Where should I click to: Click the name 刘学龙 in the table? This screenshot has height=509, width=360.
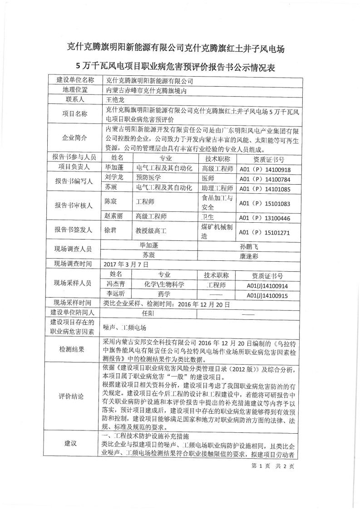click(x=113, y=178)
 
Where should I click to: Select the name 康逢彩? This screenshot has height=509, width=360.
click(x=248, y=256)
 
